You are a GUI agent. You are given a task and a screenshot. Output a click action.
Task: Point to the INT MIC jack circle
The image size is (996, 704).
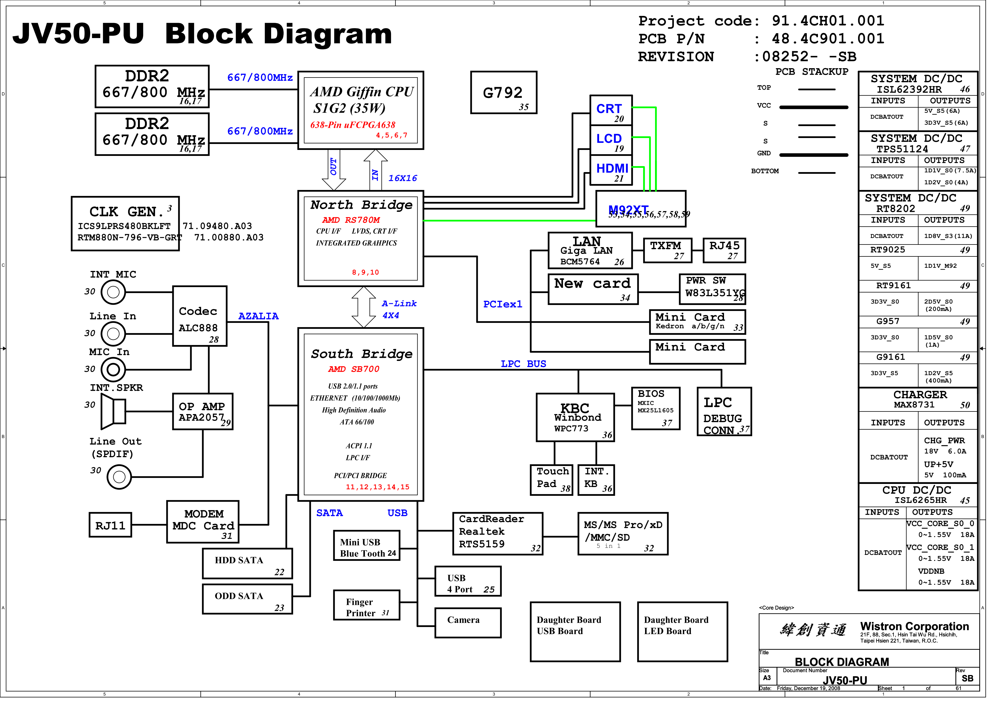(x=114, y=295)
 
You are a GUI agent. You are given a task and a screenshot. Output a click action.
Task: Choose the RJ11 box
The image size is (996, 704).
(x=112, y=530)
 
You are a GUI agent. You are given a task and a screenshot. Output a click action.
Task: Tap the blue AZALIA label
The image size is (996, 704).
(x=261, y=319)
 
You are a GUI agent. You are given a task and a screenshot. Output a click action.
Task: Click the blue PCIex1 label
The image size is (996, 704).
(x=508, y=307)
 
